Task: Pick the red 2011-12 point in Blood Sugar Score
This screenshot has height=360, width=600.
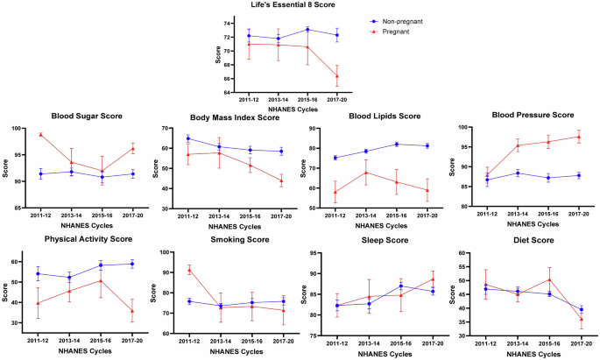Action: coord(41,135)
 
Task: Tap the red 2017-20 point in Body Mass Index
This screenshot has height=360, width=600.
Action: coord(281,180)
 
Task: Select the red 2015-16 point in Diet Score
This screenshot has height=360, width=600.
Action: coord(548,279)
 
